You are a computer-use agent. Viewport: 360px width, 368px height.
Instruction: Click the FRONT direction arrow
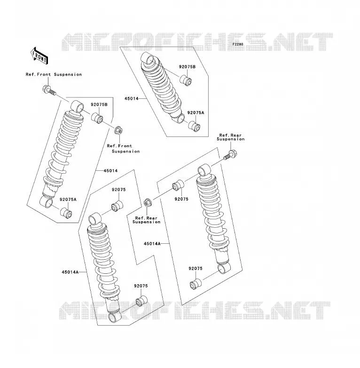coord(39,56)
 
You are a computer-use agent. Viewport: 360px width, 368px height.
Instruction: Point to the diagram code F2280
coord(238,44)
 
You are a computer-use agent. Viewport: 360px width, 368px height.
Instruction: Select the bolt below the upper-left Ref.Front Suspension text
coord(49,90)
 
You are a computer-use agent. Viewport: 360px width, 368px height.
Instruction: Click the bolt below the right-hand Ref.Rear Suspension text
coord(231,155)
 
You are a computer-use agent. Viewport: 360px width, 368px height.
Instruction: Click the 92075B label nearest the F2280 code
coord(187,67)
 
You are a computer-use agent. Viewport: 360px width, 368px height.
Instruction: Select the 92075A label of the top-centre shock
coord(196,112)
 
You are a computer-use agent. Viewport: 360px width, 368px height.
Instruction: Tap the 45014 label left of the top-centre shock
coord(131,98)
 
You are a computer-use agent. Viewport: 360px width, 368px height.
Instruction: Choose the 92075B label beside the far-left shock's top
coord(99,104)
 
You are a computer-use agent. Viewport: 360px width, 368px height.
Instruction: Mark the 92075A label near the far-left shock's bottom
coord(68,200)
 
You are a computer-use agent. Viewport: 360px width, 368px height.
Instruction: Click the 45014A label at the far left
coord(70,272)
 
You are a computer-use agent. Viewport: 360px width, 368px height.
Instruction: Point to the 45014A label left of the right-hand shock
coord(152,244)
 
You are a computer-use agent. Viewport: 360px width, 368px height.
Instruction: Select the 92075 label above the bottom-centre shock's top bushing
coord(118,190)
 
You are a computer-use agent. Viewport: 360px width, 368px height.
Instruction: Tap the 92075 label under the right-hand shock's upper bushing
coord(181,199)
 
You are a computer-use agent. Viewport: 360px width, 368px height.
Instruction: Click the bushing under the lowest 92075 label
coord(141,301)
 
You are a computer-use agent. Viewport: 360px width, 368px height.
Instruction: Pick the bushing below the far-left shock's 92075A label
coord(66,213)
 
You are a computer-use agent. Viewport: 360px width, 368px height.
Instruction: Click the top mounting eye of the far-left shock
coord(77,106)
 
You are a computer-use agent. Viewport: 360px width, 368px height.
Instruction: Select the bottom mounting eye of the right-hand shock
coord(224,268)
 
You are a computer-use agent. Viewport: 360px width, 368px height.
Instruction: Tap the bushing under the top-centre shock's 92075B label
coord(186,80)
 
